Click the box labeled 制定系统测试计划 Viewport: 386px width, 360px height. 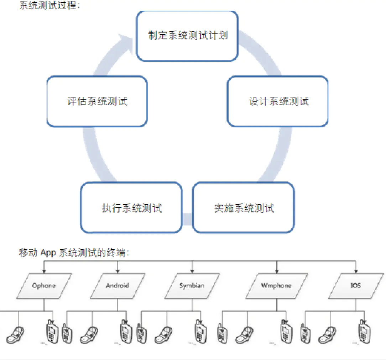(x=187, y=36)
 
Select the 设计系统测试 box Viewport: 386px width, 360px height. (x=278, y=101)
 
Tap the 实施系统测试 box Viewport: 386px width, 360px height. (x=244, y=208)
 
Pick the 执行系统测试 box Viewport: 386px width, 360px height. (x=131, y=208)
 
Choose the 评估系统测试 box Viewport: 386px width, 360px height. (x=97, y=101)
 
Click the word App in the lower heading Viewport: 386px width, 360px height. (x=49, y=253)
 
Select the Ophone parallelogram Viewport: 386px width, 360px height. (x=44, y=286)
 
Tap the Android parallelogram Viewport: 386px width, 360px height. (x=118, y=286)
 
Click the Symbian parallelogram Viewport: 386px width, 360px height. (x=192, y=286)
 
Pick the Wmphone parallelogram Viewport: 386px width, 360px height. (x=276, y=286)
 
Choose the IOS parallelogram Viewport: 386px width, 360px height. (x=356, y=286)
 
